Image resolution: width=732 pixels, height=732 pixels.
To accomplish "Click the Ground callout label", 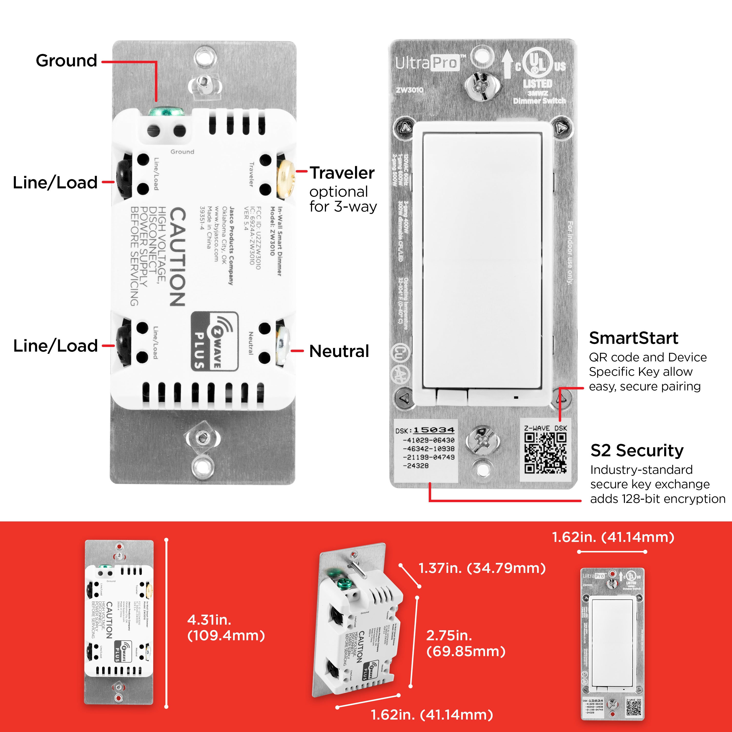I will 66,61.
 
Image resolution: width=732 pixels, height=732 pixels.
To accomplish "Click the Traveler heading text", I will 342,173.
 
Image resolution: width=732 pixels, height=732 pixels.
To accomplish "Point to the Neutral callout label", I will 339,351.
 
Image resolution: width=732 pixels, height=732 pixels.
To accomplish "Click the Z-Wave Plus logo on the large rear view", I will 214,341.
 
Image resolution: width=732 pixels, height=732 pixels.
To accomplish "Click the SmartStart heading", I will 633,338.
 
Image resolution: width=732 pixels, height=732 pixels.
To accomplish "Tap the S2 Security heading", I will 637,450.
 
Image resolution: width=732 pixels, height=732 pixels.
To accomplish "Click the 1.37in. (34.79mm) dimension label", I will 482,568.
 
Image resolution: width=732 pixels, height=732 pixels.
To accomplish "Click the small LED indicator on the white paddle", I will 516,397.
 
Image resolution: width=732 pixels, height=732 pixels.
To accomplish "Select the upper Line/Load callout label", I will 55,183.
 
